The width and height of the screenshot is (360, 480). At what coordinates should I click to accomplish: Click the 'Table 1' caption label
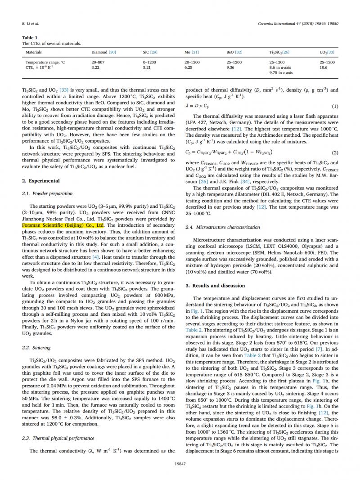[x=30, y=37]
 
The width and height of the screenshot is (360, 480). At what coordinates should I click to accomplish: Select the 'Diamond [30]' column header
[x=103, y=53]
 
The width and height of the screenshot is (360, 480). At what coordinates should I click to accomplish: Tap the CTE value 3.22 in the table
[x=95, y=67]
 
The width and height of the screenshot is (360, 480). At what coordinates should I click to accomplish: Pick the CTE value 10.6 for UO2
[x=324, y=67]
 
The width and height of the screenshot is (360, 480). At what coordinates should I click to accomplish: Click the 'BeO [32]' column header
[x=234, y=53]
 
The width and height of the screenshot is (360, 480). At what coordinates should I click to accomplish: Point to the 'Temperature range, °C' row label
[x=45, y=62]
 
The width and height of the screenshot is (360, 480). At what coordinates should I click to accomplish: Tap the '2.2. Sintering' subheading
[x=36, y=348]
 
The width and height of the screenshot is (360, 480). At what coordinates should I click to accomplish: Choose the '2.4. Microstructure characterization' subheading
[x=223, y=227]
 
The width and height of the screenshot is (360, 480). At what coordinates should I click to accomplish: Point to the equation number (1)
[x=335, y=106]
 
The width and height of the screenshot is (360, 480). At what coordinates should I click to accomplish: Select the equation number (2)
[x=335, y=153]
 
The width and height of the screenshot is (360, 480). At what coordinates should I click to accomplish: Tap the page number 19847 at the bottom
[x=180, y=464]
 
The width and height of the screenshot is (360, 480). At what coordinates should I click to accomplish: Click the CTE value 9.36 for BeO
[x=230, y=67]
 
